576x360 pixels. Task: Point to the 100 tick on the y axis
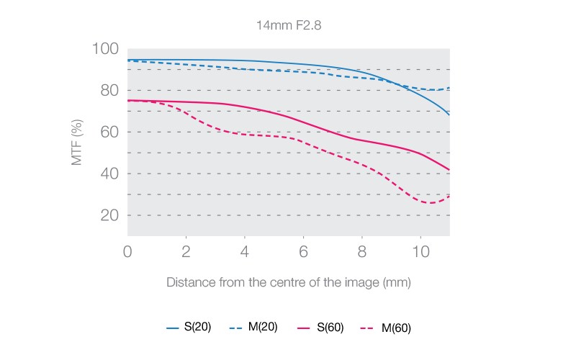105,49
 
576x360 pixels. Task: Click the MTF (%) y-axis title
78,132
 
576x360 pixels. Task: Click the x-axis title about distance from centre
288,282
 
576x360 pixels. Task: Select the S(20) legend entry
189,328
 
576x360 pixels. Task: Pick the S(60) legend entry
321,328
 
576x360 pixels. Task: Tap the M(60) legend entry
387,328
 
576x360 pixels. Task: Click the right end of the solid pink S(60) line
449,170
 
